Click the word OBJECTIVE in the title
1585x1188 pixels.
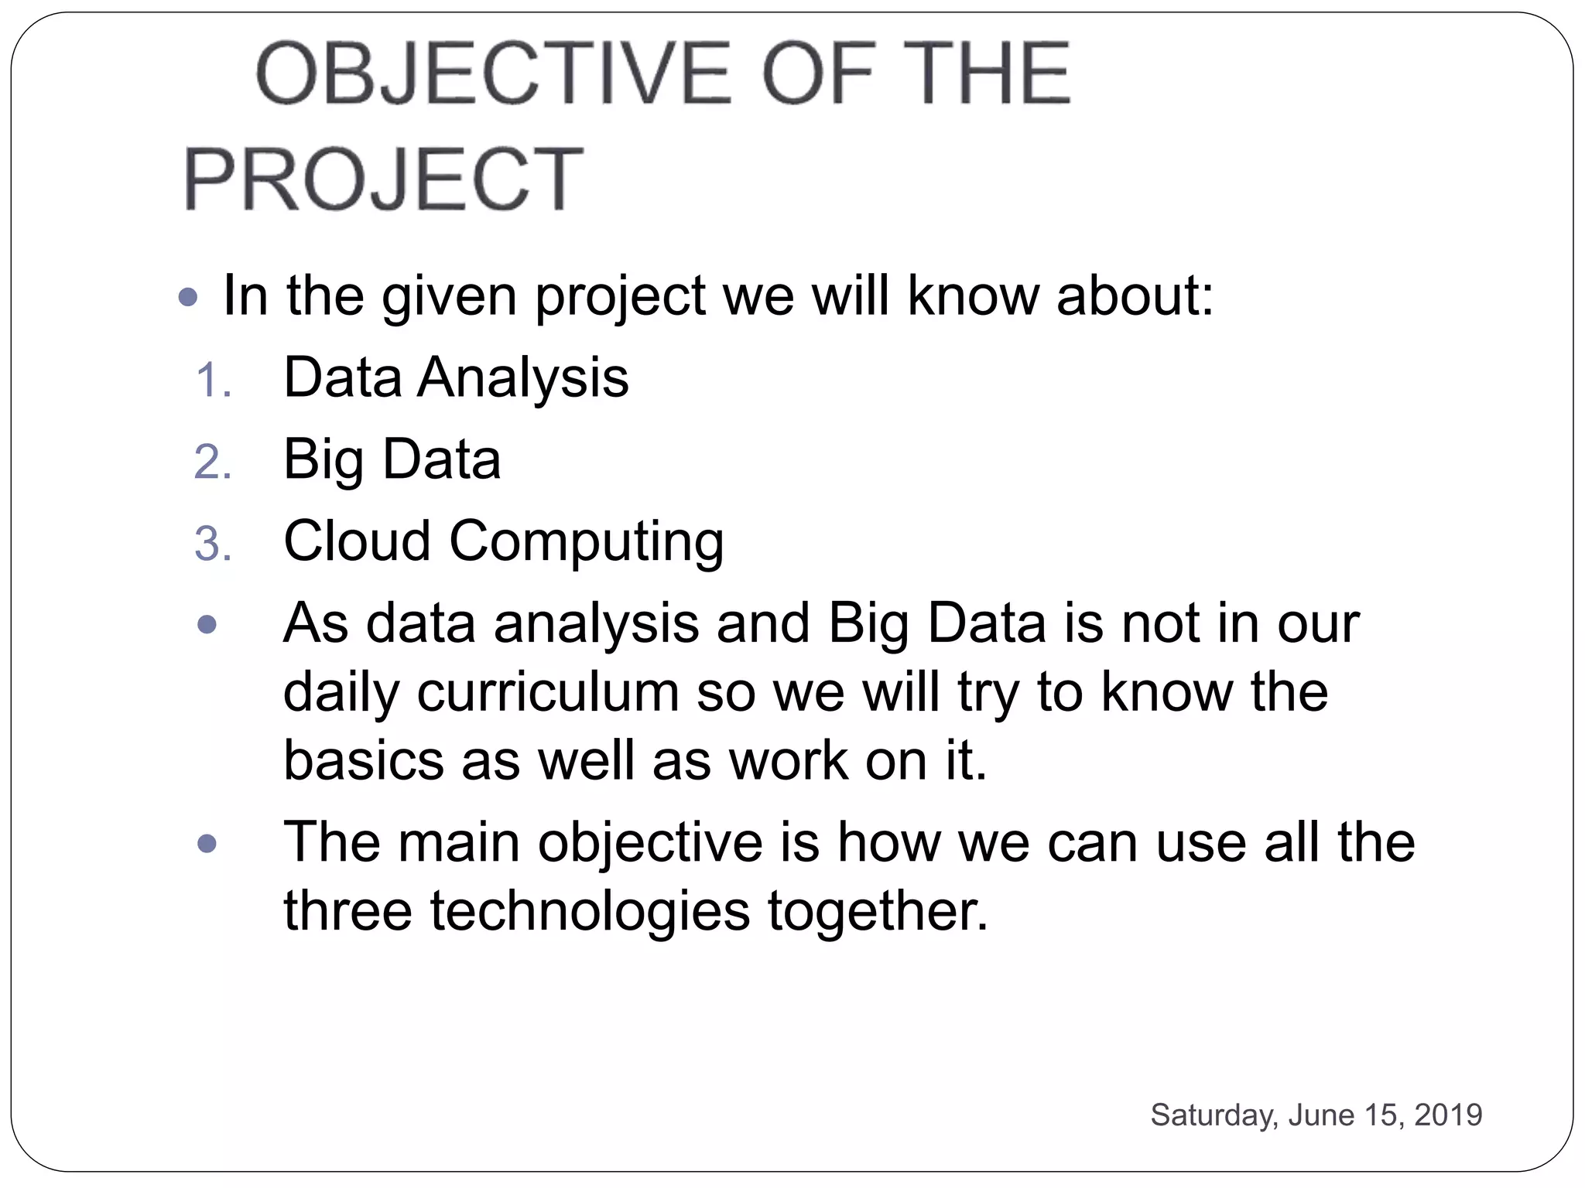(x=494, y=74)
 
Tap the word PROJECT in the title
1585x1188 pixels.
(x=383, y=179)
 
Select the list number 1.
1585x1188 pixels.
(x=213, y=381)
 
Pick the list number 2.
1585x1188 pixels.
(x=213, y=463)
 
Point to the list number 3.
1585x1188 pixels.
(x=213, y=544)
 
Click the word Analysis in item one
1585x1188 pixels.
(x=523, y=378)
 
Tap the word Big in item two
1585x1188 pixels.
(x=324, y=460)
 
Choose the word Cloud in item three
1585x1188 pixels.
(x=357, y=541)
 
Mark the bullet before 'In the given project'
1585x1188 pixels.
(x=188, y=297)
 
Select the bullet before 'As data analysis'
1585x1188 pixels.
(x=207, y=624)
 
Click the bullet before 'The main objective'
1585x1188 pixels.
(x=207, y=843)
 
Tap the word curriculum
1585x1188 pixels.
(x=548, y=692)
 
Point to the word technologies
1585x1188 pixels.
(x=591, y=911)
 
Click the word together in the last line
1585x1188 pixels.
(x=878, y=911)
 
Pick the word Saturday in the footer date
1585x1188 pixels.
(x=1214, y=1115)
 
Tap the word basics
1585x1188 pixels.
(x=363, y=760)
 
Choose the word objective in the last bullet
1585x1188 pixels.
(x=650, y=843)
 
